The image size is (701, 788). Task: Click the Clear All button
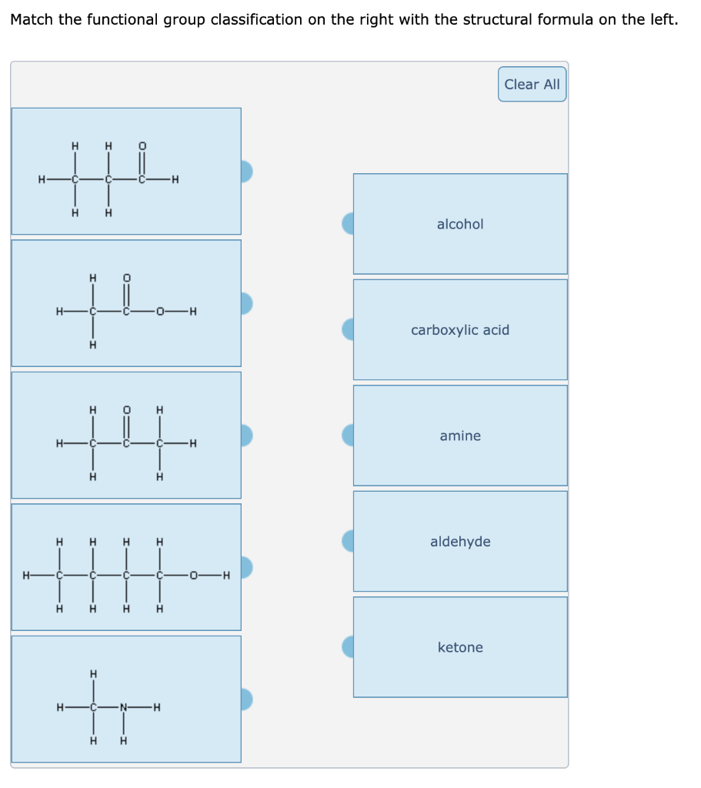pyautogui.click(x=532, y=85)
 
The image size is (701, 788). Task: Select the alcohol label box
pyautogui.click(x=460, y=224)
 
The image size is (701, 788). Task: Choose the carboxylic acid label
pyautogui.click(x=460, y=330)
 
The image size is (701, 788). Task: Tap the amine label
pyautogui.click(x=460, y=436)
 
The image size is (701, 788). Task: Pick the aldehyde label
pyautogui.click(x=460, y=542)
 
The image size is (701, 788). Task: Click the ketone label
pyautogui.click(x=460, y=647)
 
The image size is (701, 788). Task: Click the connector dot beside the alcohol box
pyautogui.click(x=348, y=224)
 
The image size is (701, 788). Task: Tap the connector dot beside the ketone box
pyautogui.click(x=348, y=647)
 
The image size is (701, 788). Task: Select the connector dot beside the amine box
pyautogui.click(x=348, y=436)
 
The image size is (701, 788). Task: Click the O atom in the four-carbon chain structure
pyautogui.click(x=193, y=575)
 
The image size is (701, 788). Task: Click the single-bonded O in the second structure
pyautogui.click(x=159, y=312)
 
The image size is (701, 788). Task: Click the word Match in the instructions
pyautogui.click(x=32, y=20)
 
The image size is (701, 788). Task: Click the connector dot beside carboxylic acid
pyautogui.click(x=348, y=329)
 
